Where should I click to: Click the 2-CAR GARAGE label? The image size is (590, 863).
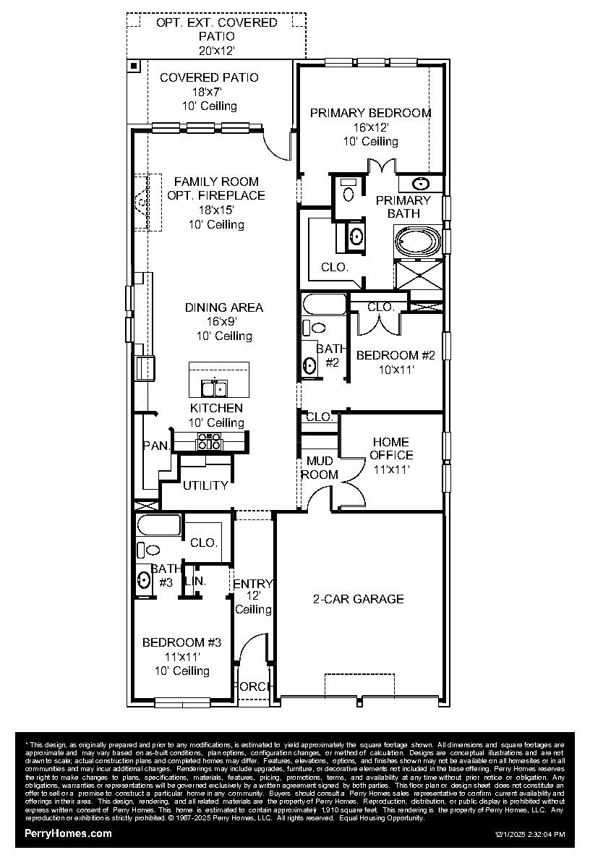point(358,599)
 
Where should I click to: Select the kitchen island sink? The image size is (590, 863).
point(214,388)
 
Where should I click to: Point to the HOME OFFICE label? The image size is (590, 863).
point(391,448)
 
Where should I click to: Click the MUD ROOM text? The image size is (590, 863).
point(319,467)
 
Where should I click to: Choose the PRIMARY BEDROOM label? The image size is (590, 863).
point(370,113)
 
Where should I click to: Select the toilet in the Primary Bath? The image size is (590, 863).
point(349,191)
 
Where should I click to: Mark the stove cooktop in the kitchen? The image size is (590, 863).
point(210,441)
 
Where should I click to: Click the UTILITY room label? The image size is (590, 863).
point(205,485)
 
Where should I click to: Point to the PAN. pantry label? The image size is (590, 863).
point(155,446)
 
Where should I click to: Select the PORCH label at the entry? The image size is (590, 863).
point(252,686)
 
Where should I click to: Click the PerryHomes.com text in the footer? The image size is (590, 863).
point(69,833)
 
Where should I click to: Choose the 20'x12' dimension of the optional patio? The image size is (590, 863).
point(216,51)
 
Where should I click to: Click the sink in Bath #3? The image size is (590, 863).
point(144,579)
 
